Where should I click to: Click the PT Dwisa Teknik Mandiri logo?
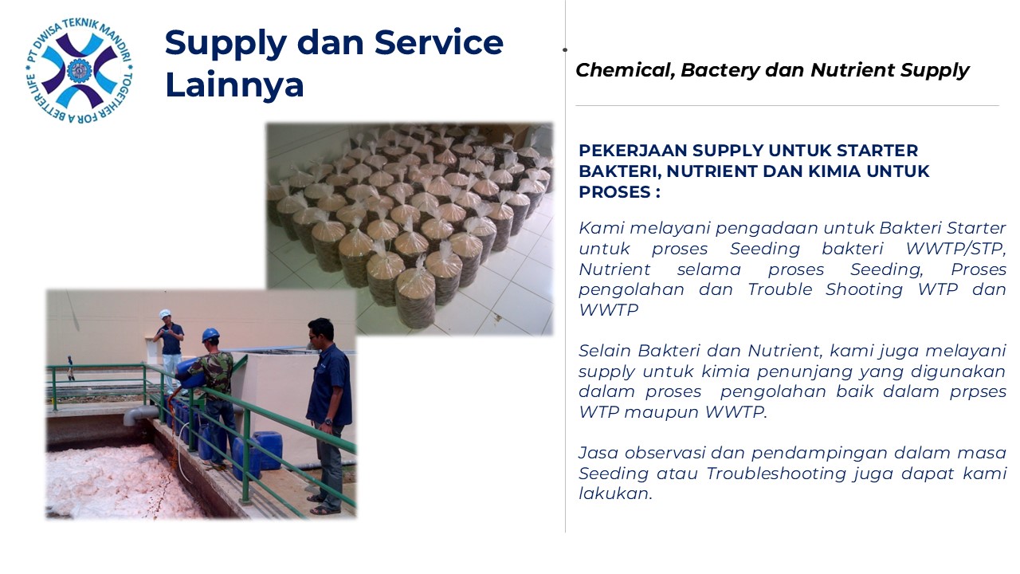tap(79, 71)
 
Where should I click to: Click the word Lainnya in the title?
tap(234, 85)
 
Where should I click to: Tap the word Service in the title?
tap(439, 42)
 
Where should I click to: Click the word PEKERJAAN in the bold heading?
tap(633, 151)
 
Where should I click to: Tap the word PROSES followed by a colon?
tap(619, 192)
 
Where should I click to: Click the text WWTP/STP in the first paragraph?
tap(955, 249)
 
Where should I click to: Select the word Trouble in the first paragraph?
tap(780, 289)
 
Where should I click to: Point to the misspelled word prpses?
tap(978, 392)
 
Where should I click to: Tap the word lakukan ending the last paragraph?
tap(615, 493)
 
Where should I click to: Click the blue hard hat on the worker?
tap(210, 334)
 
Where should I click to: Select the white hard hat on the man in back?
tap(165, 313)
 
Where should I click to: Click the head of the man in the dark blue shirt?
tap(320, 332)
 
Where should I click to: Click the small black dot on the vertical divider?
tap(565, 49)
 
